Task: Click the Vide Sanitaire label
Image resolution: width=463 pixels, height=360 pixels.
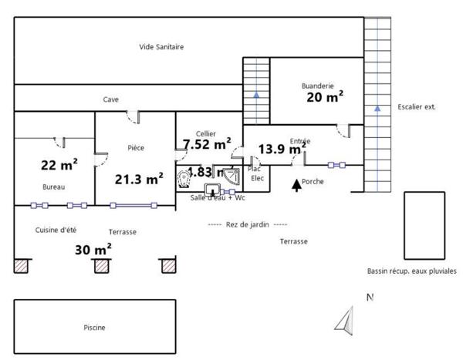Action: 161,47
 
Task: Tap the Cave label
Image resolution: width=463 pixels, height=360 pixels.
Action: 111,99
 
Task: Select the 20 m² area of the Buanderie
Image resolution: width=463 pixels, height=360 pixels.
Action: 324,96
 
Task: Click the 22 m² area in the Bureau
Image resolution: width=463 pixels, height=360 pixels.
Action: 59,164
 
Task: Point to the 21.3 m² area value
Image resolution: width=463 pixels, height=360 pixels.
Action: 138,179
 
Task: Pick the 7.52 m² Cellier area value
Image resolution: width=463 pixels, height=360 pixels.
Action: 206,144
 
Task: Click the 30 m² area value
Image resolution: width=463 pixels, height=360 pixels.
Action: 93,249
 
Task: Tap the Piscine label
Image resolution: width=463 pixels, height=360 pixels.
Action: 94,328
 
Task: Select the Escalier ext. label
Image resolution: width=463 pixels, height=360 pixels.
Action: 416,107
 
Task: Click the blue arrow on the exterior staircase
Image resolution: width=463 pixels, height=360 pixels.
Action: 377,109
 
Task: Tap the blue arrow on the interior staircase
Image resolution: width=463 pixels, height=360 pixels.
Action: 255,95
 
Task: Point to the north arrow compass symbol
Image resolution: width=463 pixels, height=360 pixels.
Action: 344,318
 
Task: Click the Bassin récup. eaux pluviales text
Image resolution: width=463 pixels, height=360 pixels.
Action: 412,271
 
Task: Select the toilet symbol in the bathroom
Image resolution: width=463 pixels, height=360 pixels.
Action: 184,179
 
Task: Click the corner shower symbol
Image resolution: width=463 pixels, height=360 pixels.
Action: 231,178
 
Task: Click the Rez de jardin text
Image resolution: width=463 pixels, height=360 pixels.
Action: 247,224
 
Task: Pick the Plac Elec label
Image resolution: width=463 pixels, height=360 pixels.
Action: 255,173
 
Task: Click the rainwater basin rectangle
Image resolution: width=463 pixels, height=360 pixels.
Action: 424,225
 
